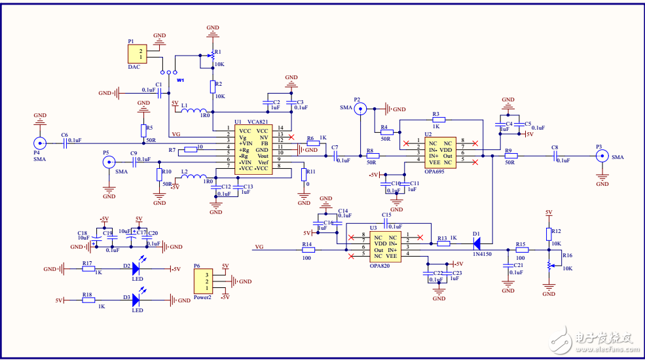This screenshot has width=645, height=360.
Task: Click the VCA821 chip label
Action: [x=258, y=122]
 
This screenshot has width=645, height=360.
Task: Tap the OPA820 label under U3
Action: [x=380, y=266]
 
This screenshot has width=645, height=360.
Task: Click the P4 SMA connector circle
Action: [x=40, y=142]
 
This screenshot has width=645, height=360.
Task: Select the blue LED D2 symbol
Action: [x=136, y=268]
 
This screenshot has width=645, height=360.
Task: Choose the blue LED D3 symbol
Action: [x=136, y=300]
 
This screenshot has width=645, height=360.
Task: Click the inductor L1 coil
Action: [x=194, y=110]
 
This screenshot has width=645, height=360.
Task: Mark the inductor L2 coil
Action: [x=194, y=177]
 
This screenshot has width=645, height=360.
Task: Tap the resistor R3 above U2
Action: [x=438, y=120]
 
